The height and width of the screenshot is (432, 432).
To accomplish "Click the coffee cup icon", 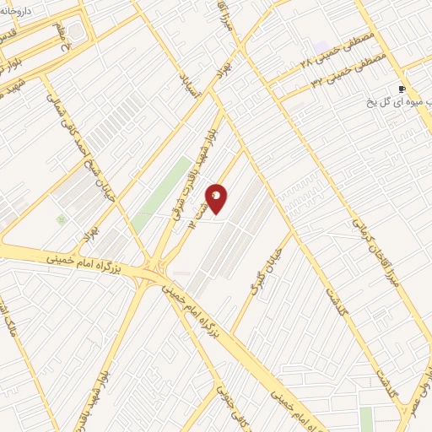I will click(402, 89).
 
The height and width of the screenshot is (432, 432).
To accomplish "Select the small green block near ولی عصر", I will click(366, 418).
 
